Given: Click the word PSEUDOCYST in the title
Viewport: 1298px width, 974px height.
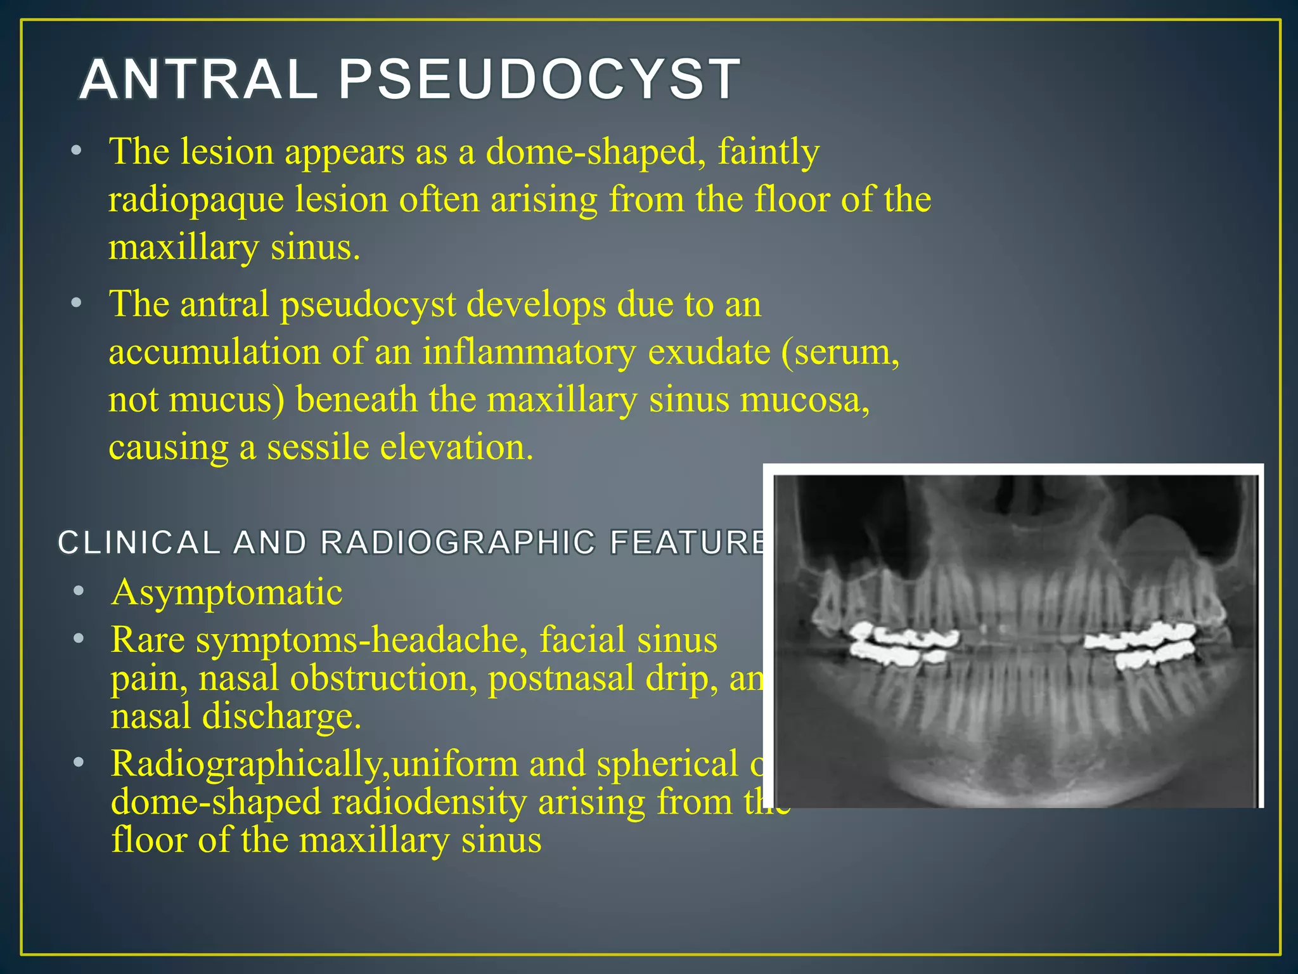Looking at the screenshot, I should [x=539, y=80].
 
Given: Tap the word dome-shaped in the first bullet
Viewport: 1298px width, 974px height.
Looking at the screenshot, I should [x=595, y=152].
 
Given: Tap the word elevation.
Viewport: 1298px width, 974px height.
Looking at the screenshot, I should [x=456, y=447].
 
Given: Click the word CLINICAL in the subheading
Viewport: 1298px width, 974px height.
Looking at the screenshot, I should [x=139, y=543].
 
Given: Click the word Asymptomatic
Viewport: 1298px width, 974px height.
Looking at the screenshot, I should [x=227, y=592].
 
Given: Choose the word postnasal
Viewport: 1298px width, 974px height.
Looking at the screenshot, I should [x=561, y=679].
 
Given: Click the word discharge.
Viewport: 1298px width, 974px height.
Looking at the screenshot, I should [x=281, y=717].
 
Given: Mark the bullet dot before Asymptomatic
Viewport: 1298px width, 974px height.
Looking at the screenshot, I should [x=78, y=592].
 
